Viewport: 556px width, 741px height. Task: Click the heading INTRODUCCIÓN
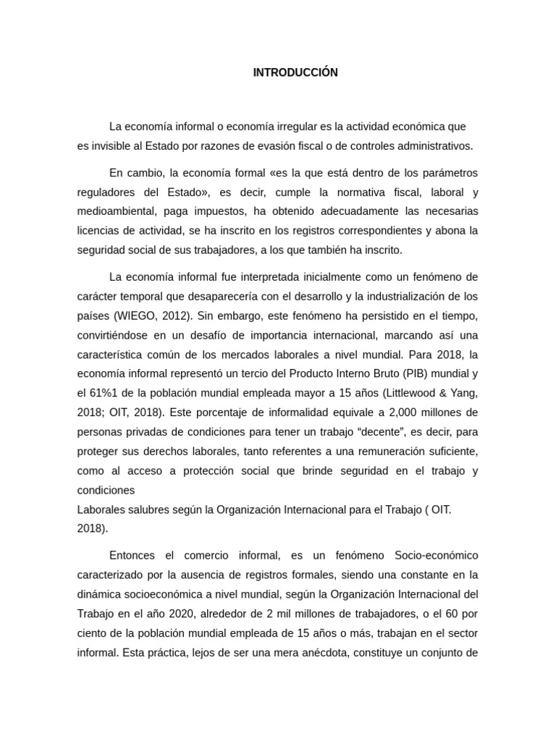pos(295,72)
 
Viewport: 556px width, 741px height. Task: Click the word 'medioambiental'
pos(114,211)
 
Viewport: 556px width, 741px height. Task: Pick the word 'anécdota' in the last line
pos(349,652)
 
